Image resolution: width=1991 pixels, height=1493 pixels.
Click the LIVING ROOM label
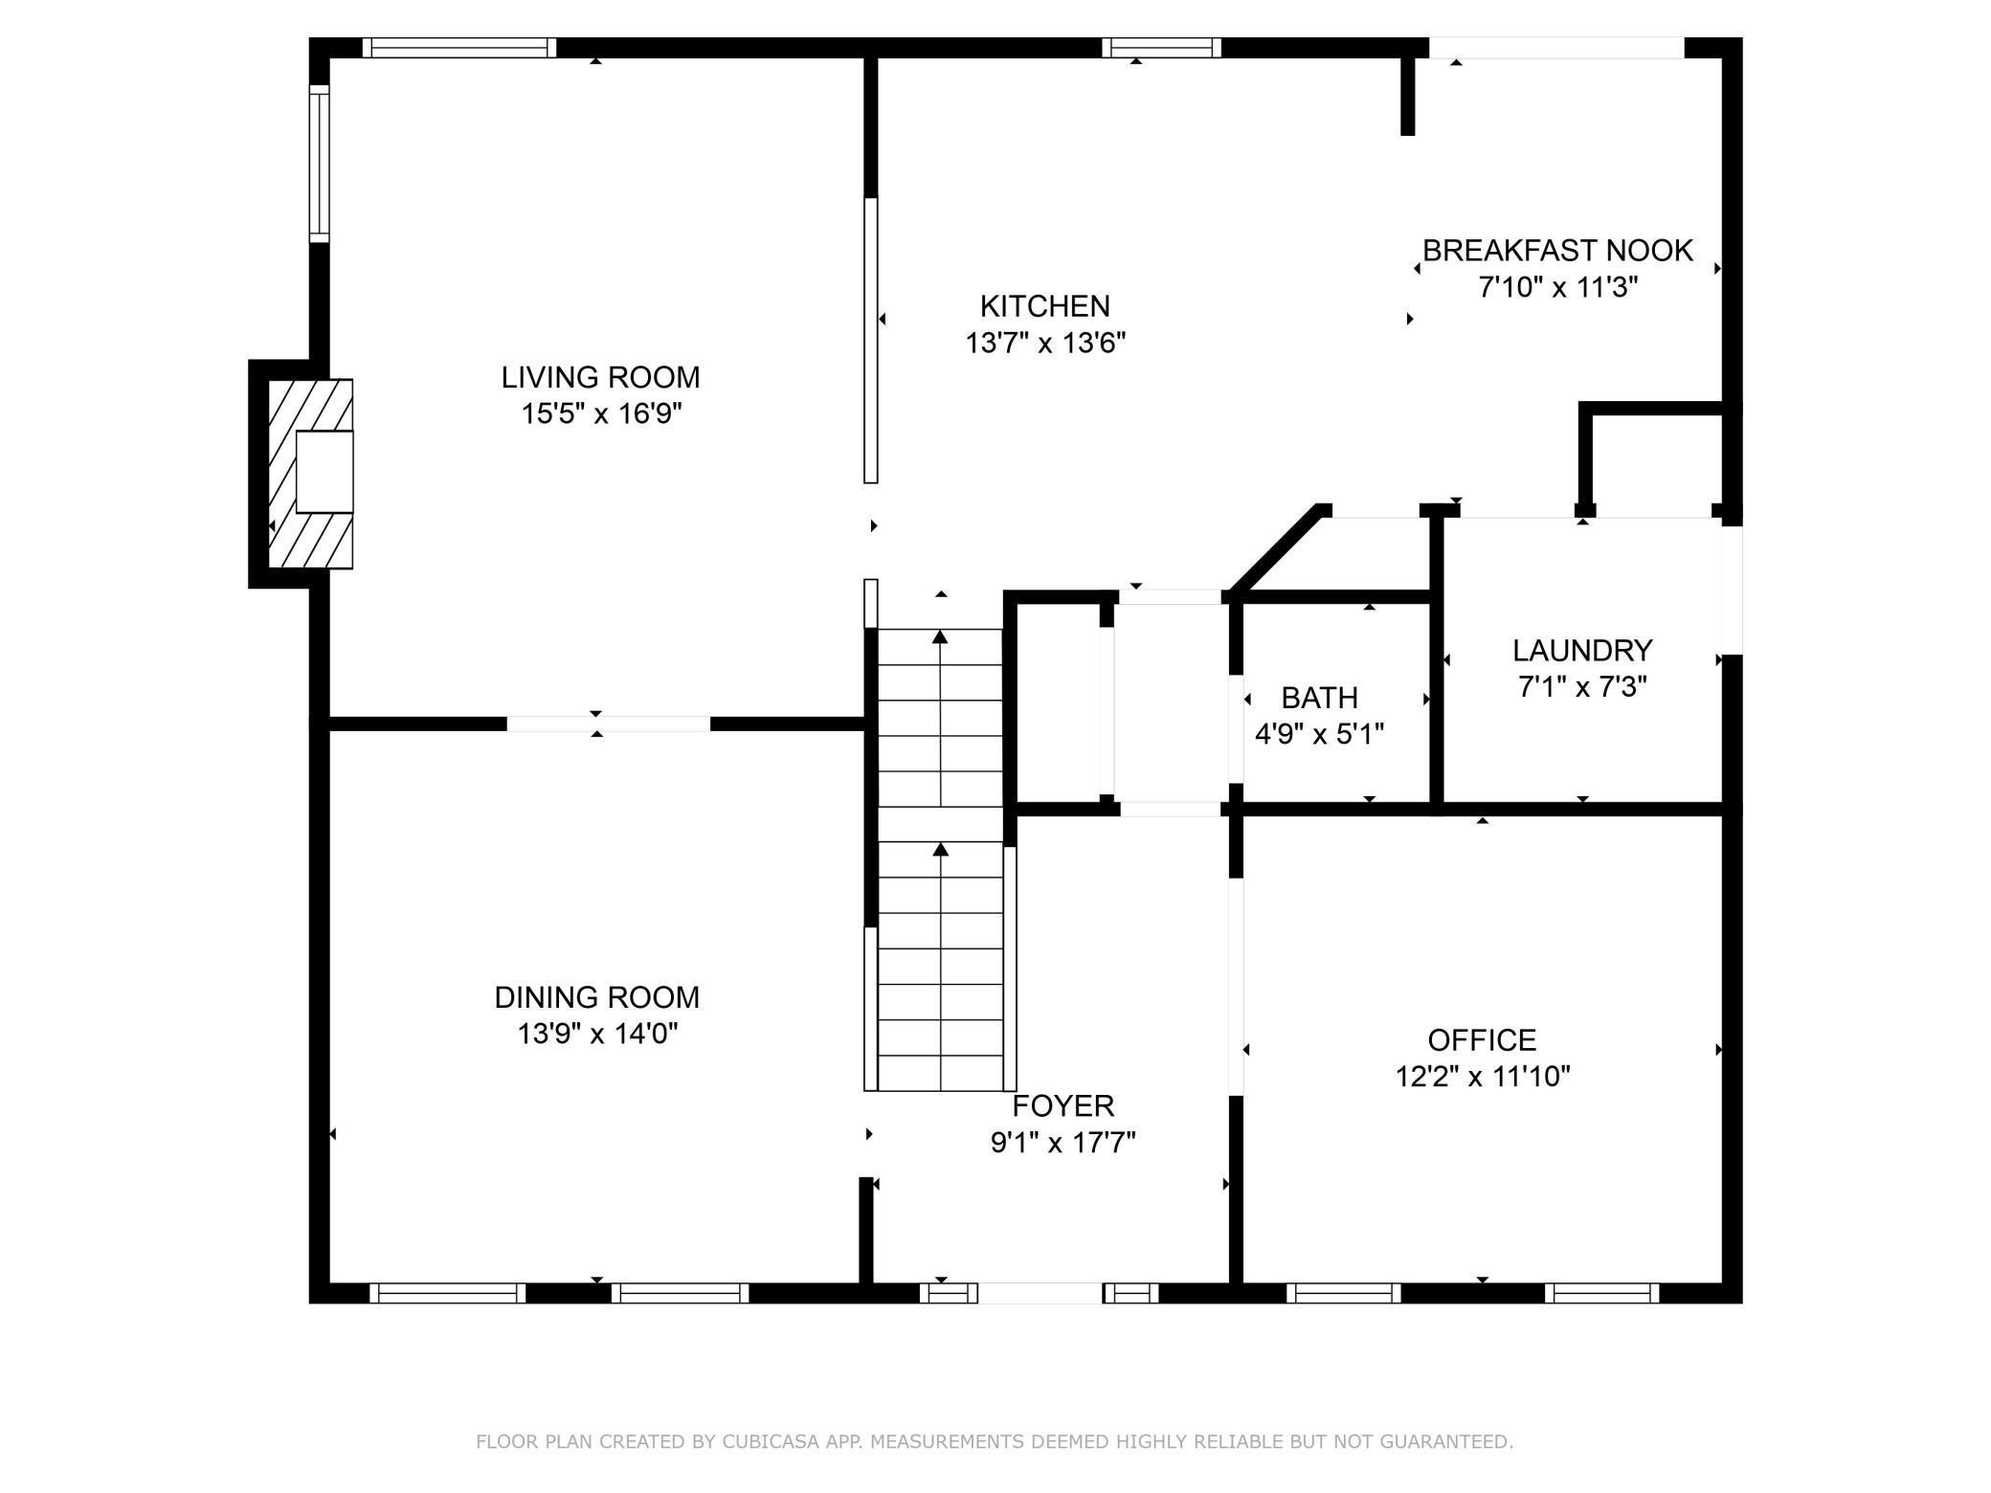point(600,377)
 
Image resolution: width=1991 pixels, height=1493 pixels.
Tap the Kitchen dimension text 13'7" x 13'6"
point(1044,343)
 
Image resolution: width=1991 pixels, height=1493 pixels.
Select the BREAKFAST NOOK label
point(1557,251)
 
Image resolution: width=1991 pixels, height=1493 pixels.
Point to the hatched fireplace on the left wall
point(308,474)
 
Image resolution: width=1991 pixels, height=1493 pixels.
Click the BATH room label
point(1319,698)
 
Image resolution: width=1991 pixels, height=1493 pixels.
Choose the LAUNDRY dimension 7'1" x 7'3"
point(1581,687)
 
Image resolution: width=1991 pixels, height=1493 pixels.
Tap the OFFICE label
point(1482,1039)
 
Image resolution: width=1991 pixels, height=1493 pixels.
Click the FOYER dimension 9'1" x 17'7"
point(1063,1143)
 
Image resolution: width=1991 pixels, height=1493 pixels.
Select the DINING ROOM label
point(596,997)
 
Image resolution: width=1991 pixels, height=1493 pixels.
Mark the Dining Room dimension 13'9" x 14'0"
point(596,1034)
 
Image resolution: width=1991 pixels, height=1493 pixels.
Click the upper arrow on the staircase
point(941,637)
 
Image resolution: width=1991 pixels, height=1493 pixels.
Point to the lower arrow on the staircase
point(941,850)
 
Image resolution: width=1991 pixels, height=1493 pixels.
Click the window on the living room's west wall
point(319,163)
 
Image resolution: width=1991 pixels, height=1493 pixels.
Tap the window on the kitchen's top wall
point(1161,48)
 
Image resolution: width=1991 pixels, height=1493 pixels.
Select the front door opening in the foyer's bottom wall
point(1040,1293)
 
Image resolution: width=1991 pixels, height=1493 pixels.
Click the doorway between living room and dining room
point(608,724)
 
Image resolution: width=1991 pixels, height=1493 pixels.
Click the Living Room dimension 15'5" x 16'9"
point(600,413)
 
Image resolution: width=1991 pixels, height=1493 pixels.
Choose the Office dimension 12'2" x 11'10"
point(1482,1077)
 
